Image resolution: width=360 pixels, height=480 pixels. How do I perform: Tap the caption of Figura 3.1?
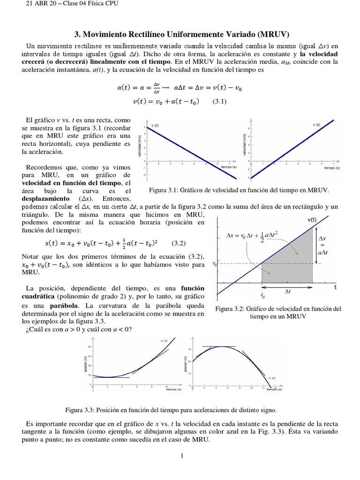click(x=239, y=190)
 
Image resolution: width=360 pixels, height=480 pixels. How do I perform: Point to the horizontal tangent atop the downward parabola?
click(x=219, y=346)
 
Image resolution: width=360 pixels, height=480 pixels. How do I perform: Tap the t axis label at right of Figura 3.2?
click(x=336, y=288)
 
